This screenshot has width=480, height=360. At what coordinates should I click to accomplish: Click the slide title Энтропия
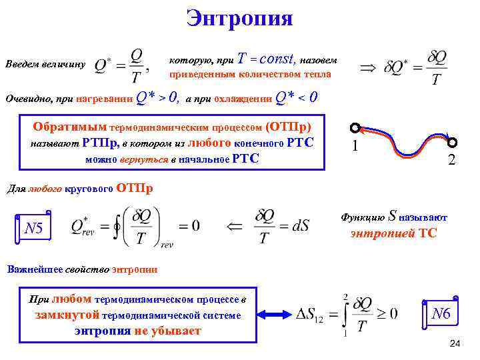point(239,17)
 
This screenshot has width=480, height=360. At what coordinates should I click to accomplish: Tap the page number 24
point(455,343)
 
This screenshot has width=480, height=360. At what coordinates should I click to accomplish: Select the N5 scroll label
point(33,229)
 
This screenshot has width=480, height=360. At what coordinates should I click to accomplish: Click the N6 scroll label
point(441,313)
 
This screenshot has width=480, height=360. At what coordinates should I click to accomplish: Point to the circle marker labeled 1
point(355,128)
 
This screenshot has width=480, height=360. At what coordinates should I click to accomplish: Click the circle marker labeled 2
point(453,142)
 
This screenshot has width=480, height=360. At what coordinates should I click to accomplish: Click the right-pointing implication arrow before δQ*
point(367,67)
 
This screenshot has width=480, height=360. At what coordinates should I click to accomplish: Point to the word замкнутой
point(67,315)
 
